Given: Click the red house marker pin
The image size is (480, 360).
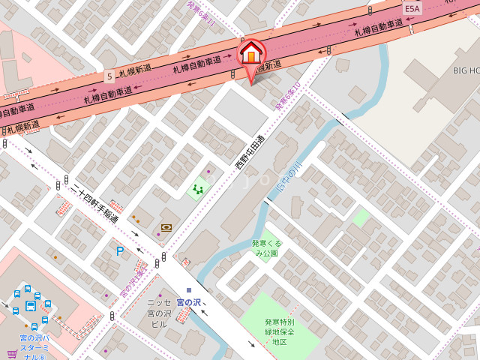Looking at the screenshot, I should [251, 54].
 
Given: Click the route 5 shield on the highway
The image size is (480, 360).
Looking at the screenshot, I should [109, 76].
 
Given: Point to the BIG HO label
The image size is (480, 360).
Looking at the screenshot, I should [465, 70].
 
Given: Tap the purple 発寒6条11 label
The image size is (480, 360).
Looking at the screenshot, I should [201, 13].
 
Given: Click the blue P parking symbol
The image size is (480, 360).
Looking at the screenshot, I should [119, 251].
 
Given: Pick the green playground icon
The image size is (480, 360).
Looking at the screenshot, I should [199, 189].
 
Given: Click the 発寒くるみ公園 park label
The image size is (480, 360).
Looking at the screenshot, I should [265, 248].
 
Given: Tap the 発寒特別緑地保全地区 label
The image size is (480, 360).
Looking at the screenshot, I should [279, 331].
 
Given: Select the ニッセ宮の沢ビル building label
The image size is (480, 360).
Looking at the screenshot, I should [158, 313].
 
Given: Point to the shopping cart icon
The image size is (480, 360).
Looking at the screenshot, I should [12, 353].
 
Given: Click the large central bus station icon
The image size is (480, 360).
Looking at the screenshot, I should [31, 306].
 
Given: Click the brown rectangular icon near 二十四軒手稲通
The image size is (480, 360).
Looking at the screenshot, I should [166, 226].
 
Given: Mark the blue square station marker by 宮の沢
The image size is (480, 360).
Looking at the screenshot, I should [189, 289].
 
